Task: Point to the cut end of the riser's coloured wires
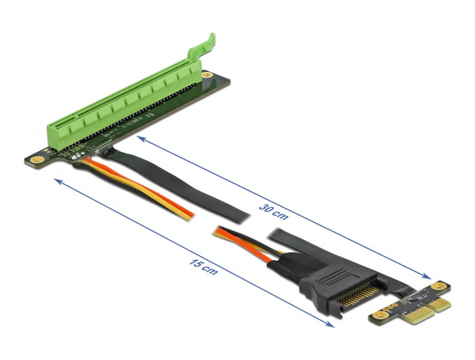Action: [x=192, y=215]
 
